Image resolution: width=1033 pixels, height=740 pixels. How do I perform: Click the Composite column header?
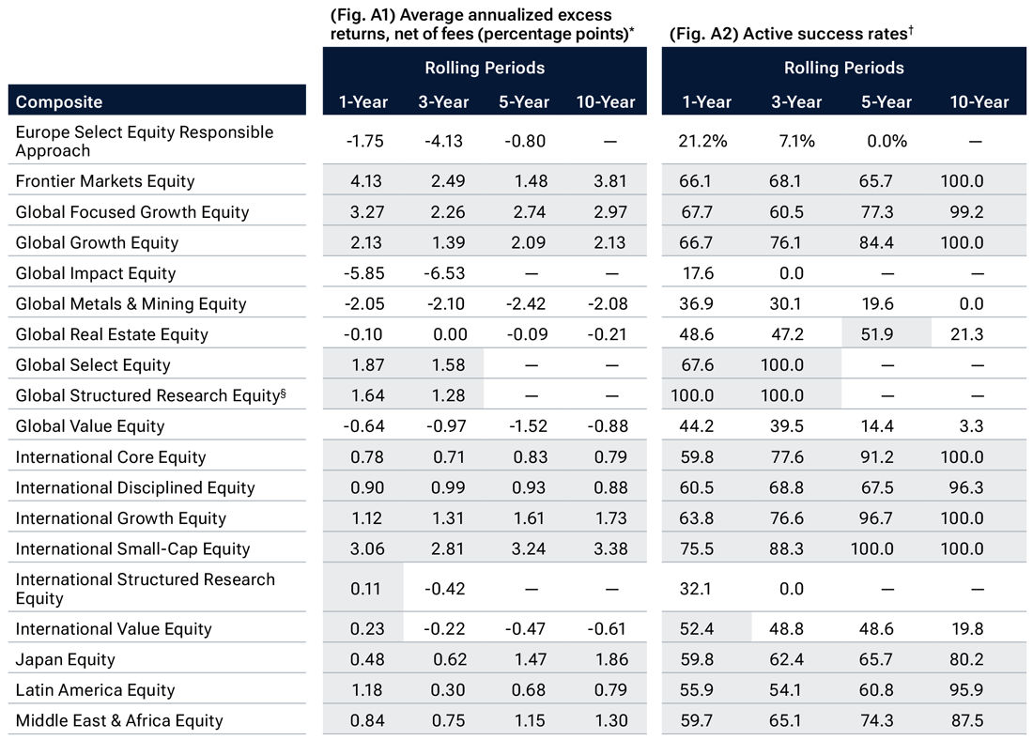point(59,101)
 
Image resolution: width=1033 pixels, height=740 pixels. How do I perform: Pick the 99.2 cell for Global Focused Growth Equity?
point(965,212)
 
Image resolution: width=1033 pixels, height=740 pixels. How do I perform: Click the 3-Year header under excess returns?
point(443,101)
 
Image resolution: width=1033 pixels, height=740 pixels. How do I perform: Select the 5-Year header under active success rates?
point(886,101)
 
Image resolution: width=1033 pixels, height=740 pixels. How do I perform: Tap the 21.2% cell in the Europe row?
point(702,141)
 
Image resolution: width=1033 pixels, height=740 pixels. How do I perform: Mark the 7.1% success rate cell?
point(794,141)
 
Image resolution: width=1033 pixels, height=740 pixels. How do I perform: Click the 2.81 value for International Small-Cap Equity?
point(443,549)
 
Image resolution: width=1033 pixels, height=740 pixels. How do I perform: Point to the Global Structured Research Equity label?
point(149,395)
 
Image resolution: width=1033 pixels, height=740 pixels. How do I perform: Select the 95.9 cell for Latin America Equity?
point(965,690)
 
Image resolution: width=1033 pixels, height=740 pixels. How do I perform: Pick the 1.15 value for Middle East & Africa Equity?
point(523,720)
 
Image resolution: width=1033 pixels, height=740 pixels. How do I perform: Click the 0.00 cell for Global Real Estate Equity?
point(443,334)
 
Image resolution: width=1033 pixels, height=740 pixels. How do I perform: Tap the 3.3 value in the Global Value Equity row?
point(965,426)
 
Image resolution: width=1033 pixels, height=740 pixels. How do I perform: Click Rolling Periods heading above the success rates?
point(843,68)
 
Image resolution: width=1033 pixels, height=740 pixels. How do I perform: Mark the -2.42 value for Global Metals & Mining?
point(523,304)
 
